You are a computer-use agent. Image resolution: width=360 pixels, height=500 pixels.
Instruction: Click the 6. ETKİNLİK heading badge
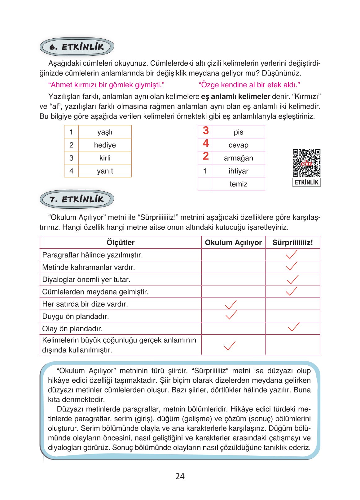77,47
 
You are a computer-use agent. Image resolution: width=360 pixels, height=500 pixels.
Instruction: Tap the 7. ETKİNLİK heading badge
77,199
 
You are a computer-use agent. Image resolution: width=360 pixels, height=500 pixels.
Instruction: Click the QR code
306,163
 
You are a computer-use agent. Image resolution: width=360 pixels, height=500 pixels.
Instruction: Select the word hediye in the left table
105,145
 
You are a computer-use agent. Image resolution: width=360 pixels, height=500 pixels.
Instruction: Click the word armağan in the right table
238,158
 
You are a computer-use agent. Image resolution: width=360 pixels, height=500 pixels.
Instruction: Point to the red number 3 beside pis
206,131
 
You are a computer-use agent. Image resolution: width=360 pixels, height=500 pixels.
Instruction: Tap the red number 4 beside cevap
206,144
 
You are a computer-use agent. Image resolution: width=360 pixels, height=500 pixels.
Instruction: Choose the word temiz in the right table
238,184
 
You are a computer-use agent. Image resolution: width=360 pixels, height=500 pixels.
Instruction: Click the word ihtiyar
238,171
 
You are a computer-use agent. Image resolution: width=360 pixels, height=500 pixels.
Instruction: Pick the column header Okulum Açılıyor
233,242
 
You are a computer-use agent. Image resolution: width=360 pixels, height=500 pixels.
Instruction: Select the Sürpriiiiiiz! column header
292,242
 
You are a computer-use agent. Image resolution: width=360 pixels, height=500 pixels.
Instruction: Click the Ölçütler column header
121,242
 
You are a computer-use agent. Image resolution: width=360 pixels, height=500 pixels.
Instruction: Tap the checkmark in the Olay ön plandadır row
293,327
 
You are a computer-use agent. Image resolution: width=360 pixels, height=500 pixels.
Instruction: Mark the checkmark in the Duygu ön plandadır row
231,315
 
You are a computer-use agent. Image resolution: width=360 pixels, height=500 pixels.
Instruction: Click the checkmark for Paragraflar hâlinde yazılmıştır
292,254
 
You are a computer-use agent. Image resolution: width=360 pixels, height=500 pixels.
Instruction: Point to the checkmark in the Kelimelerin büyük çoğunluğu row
230,346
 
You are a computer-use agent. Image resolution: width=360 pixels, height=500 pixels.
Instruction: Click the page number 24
180,476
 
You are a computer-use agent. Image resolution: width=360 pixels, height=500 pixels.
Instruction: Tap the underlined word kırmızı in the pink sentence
85,85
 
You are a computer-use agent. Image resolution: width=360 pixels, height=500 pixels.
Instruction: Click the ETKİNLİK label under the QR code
306,182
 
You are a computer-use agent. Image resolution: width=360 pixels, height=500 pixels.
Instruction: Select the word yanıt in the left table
105,171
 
